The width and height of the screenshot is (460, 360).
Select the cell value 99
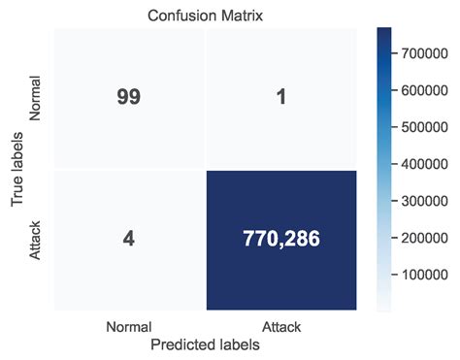tap(128, 97)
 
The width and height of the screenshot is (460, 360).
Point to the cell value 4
tap(128, 240)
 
